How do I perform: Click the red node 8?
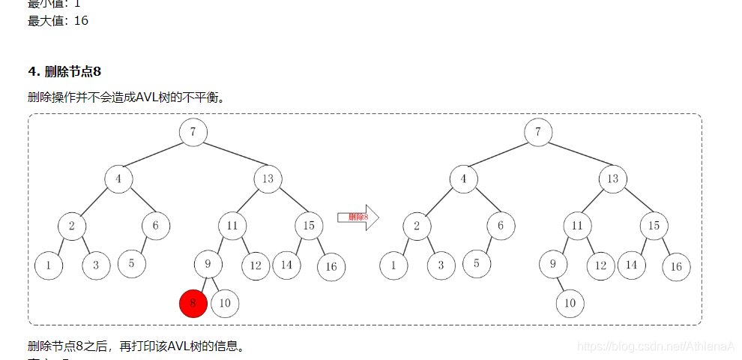[193, 304]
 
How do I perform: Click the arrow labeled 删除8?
[358, 217]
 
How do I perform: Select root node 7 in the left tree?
[193, 132]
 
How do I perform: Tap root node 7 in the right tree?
[538, 132]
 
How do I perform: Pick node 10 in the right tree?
[570, 303]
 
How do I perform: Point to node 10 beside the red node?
[225, 303]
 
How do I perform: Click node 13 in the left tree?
[268, 178]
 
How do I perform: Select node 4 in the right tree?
[463, 179]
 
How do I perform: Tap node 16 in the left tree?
[331, 266]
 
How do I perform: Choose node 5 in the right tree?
[476, 263]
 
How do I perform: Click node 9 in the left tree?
[208, 263]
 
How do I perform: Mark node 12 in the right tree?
[600, 265]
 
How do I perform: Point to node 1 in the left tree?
[48, 264]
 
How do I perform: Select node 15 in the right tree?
[654, 225]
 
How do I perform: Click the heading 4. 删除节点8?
[64, 71]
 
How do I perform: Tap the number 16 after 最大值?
[80, 21]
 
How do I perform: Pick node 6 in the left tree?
[156, 225]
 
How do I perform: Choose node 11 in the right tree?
[577, 225]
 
